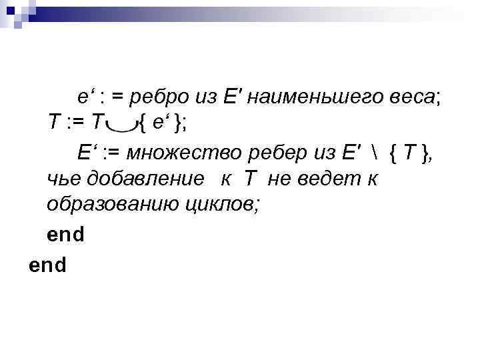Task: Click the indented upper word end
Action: pyautogui.click(x=65, y=235)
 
